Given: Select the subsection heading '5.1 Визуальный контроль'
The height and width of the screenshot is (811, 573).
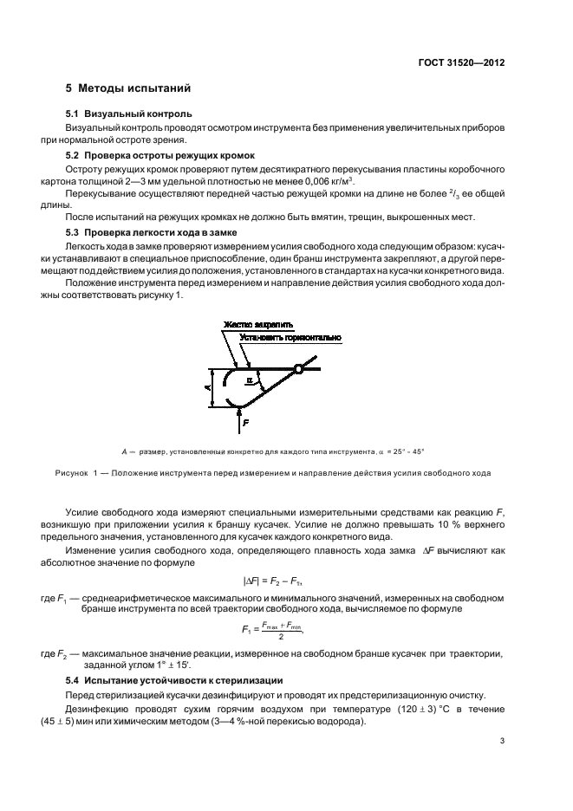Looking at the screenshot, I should click(x=129, y=114).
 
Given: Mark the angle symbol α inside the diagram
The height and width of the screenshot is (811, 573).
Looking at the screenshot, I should click(x=251, y=380).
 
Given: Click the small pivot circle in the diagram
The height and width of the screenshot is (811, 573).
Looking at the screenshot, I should click(x=298, y=370).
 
